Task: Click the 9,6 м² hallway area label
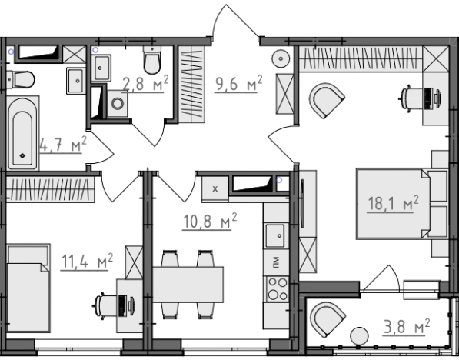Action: pos(238,85)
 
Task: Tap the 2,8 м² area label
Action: pos(145,84)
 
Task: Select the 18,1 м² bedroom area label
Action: pos(393,203)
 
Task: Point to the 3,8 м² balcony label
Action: pos(406,327)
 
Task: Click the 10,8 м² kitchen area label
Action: pos(210,221)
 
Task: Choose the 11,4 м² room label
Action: pos(87,262)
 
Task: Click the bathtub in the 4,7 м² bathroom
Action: pos(22,133)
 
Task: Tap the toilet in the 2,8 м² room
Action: pos(152,60)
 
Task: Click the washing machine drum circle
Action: pos(118,104)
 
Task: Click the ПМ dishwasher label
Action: pos(276,262)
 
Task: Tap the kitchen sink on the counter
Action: pos(275,235)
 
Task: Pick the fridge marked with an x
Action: pos(215,188)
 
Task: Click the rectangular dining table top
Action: pos(188,284)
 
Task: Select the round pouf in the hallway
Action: pos(281,58)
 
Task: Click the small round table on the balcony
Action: pos(360,336)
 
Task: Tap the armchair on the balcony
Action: pos(328,319)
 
